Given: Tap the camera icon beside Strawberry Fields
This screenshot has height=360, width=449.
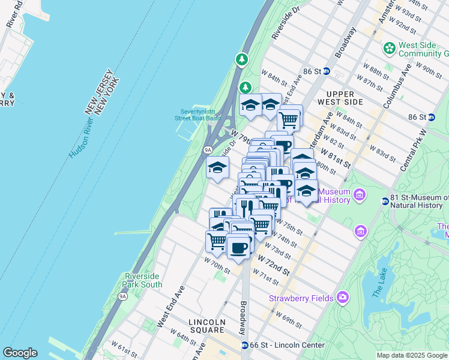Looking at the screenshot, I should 343,296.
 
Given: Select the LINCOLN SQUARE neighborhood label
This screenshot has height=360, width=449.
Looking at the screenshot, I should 207,326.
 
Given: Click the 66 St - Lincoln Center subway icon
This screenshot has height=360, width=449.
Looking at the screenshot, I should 245,345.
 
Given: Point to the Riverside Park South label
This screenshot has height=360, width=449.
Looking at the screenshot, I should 143,280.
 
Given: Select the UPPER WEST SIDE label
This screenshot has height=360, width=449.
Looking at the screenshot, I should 345,98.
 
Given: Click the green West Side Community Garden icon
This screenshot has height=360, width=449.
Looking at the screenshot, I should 390,47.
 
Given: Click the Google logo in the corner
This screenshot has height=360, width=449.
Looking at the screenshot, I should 20,353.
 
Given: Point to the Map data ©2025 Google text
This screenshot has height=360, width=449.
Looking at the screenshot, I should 412,355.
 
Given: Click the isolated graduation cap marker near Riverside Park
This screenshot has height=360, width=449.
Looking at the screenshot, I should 217,168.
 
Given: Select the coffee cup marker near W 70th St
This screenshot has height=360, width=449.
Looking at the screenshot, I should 238,247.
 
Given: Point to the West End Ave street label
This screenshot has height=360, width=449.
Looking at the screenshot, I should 170,307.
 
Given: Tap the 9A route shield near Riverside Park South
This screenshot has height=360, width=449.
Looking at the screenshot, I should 123,296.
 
